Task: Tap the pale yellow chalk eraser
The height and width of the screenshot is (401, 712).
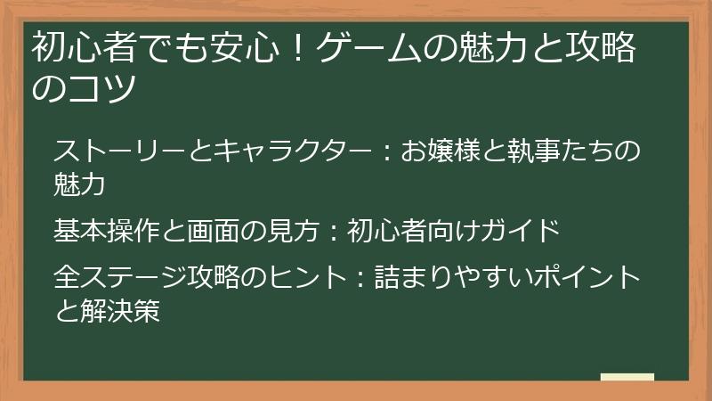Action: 627,377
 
